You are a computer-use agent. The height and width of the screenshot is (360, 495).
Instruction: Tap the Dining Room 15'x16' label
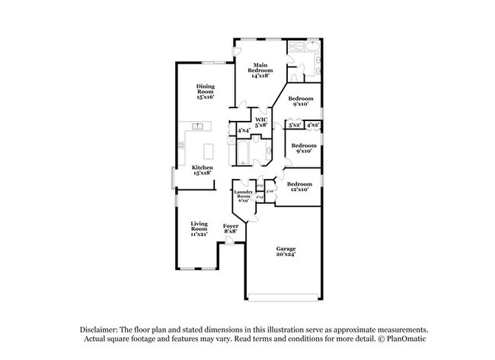[205, 91]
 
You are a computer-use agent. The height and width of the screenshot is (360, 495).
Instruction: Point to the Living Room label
[199, 228]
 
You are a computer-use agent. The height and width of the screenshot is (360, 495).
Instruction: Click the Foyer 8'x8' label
[230, 228]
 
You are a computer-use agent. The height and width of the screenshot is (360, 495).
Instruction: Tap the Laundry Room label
[243, 196]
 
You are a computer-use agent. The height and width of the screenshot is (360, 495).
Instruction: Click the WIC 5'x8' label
[261, 123]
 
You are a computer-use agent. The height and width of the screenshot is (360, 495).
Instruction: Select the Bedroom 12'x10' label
[299, 186]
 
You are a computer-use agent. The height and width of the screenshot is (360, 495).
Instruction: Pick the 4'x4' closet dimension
[244, 131]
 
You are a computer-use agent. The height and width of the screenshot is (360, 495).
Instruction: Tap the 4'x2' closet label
[313, 124]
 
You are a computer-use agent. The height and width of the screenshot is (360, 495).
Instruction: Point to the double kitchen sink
[196, 126]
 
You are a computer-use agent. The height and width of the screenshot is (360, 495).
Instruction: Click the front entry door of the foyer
[229, 243]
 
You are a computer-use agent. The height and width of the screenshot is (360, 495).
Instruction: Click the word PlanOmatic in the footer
[408, 338]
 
